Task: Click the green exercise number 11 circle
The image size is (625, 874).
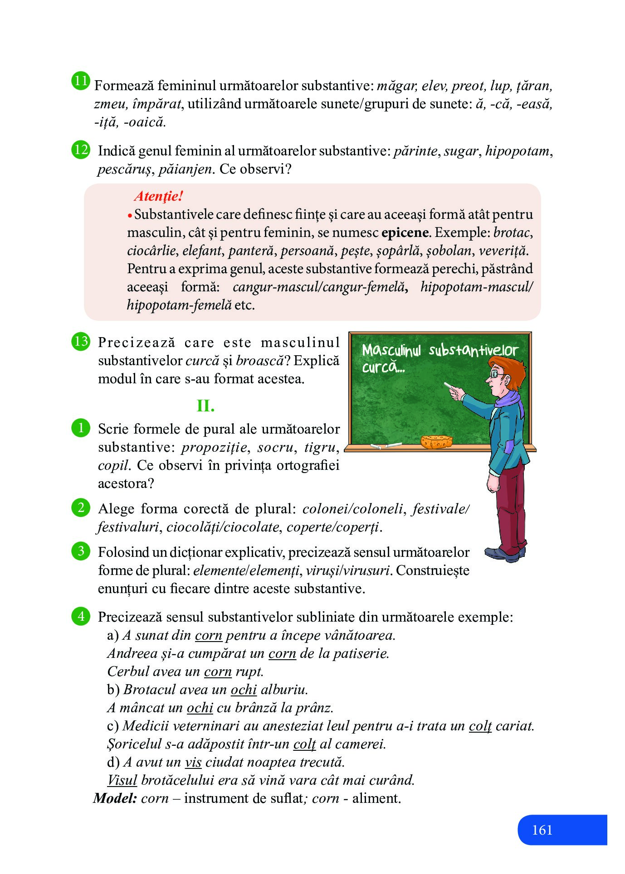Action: [x=80, y=81]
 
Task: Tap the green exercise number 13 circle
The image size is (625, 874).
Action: [x=80, y=341]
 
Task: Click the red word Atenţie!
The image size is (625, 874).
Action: [x=158, y=196]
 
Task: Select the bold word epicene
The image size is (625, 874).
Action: [x=405, y=232]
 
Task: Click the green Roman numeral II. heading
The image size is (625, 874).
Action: [x=205, y=406]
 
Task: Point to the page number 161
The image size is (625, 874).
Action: [x=542, y=830]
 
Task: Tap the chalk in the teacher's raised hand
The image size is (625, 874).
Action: [x=451, y=386]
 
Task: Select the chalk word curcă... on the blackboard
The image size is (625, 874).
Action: [x=383, y=367]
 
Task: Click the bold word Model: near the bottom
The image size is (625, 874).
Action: [x=115, y=798]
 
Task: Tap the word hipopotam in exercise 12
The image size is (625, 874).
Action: [x=517, y=151]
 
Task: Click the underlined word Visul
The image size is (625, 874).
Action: [x=122, y=780]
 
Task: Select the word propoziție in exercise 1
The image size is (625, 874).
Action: [x=214, y=447]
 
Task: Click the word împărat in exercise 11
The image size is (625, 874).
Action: [x=157, y=104]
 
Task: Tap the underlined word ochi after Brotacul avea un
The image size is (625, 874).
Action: [x=244, y=689]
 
